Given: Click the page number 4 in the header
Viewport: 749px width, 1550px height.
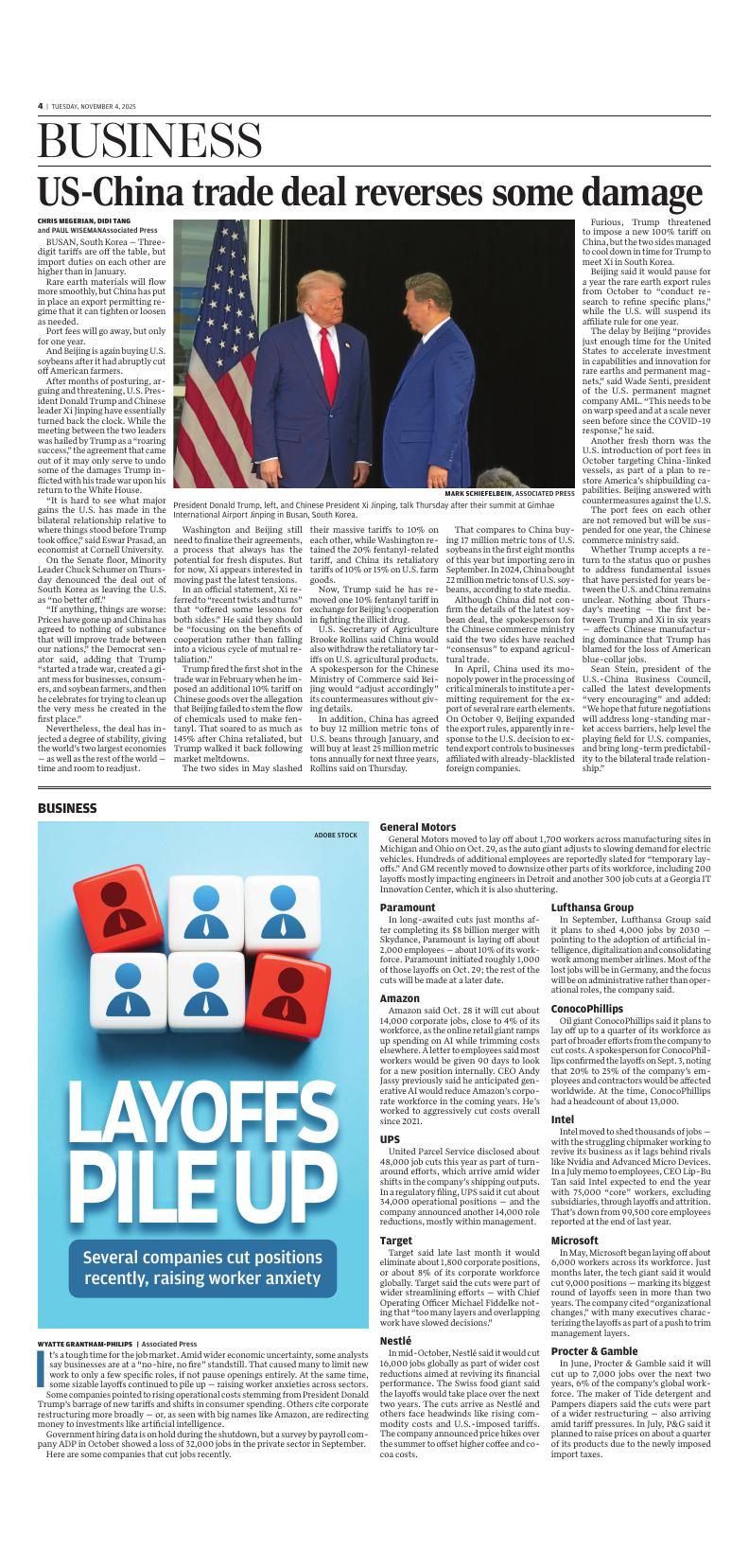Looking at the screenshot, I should click(41, 106).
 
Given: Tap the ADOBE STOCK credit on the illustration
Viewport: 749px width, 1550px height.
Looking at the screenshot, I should click(336, 835).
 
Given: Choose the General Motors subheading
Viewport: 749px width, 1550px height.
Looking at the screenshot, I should click(417, 827).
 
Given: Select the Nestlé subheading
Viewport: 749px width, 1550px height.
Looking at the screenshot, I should click(394, 1341).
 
